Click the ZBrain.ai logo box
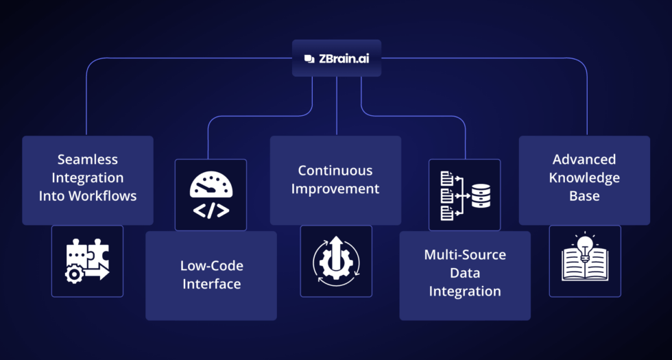(x=336, y=58)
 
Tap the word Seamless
(x=87, y=159)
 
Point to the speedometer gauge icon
(x=211, y=184)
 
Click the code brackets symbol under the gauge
(x=211, y=211)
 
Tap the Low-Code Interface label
(x=211, y=274)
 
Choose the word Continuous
(x=335, y=170)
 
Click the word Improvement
(x=335, y=189)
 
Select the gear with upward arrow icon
(x=336, y=261)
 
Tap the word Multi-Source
(x=465, y=254)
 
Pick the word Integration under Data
(x=465, y=291)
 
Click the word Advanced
(x=584, y=159)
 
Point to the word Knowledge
(x=584, y=178)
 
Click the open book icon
(x=585, y=265)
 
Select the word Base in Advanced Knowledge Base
(x=584, y=196)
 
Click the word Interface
(x=211, y=284)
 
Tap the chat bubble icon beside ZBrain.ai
(x=309, y=58)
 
